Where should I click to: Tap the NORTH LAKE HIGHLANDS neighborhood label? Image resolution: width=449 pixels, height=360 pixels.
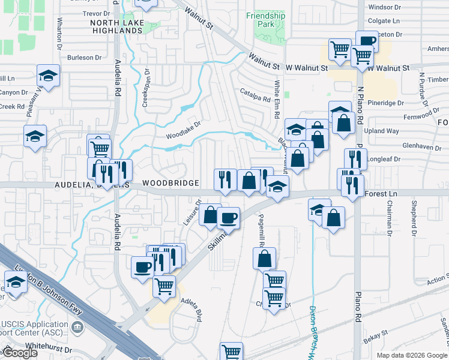click(116, 26)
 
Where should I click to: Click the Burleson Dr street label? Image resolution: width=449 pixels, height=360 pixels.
click(85, 58)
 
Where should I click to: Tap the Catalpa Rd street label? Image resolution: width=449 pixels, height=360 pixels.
click(255, 93)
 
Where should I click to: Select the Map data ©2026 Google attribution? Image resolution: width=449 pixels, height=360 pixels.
click(412, 355)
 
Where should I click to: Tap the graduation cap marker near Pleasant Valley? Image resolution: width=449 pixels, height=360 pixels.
click(48, 76)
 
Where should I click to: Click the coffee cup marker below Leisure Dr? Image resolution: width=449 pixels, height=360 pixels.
click(228, 218)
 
